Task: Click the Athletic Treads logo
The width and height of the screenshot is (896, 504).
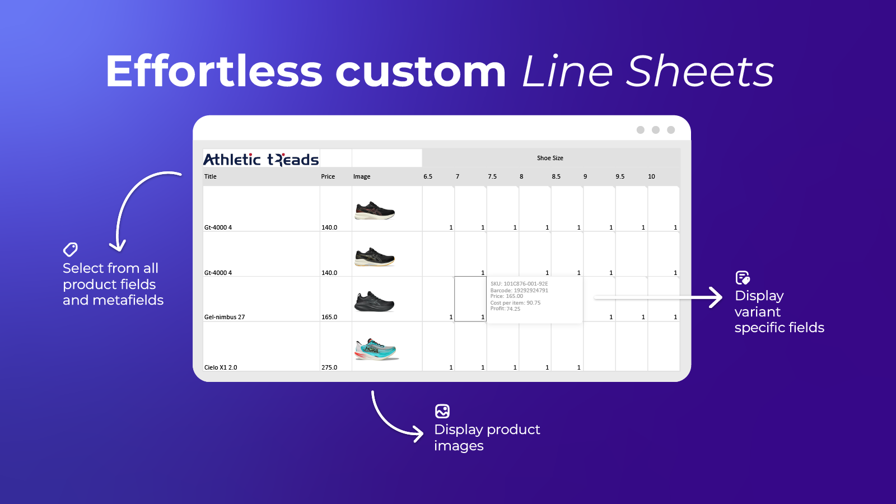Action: click(261, 159)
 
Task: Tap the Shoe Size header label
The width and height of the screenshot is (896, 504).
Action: click(550, 158)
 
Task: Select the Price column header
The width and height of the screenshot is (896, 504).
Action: click(328, 176)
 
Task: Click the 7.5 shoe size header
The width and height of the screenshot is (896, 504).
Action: click(492, 176)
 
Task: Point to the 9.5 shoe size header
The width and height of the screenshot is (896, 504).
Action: click(619, 176)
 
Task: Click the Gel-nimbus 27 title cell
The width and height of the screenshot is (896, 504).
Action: click(225, 317)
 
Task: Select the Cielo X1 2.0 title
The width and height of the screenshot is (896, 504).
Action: click(221, 367)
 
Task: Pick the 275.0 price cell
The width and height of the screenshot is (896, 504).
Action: click(329, 367)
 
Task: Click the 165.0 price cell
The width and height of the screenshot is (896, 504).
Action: click(329, 317)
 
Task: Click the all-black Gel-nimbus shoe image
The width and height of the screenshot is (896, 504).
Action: click(375, 302)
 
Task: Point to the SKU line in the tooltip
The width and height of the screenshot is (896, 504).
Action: click(519, 283)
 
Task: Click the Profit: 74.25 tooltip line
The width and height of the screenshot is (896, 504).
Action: click(505, 309)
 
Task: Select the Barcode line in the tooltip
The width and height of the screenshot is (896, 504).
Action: click(519, 291)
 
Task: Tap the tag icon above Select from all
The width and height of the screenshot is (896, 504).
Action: click(71, 250)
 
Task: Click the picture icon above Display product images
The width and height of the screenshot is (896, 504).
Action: click(442, 411)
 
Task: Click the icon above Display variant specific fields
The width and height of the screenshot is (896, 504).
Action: click(743, 278)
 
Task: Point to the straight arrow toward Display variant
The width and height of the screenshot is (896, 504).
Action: click(658, 297)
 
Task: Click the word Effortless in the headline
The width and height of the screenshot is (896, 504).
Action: click(213, 71)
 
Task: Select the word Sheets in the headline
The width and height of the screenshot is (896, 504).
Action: click(700, 71)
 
